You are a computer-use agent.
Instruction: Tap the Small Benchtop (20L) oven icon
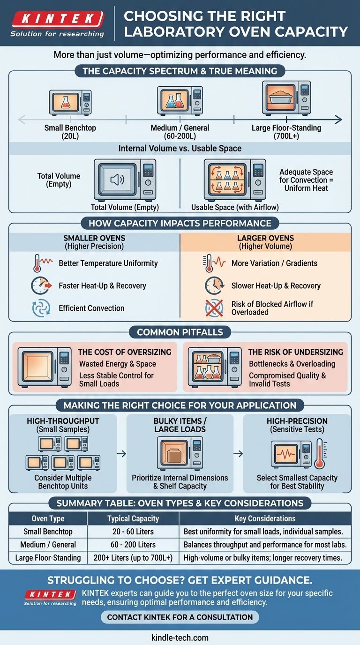[x=70, y=103]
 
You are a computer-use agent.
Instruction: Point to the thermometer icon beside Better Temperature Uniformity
[x=37, y=263]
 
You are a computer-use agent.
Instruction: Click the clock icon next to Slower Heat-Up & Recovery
[x=213, y=285]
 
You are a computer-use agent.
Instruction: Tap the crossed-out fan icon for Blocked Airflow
[x=213, y=308]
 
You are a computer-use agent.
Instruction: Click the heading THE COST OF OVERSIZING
[x=124, y=352]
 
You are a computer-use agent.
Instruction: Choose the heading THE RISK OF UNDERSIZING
[x=295, y=352]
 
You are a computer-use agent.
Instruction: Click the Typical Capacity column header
[x=133, y=518]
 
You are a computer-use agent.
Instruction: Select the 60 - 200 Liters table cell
[x=133, y=545]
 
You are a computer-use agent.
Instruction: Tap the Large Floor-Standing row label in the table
[x=48, y=558]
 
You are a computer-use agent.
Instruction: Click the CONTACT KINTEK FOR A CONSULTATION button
[x=180, y=617]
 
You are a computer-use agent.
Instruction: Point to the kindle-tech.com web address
[x=180, y=637]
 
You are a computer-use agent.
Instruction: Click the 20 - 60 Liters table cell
[x=133, y=532]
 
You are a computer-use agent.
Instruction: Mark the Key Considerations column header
[x=265, y=518]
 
